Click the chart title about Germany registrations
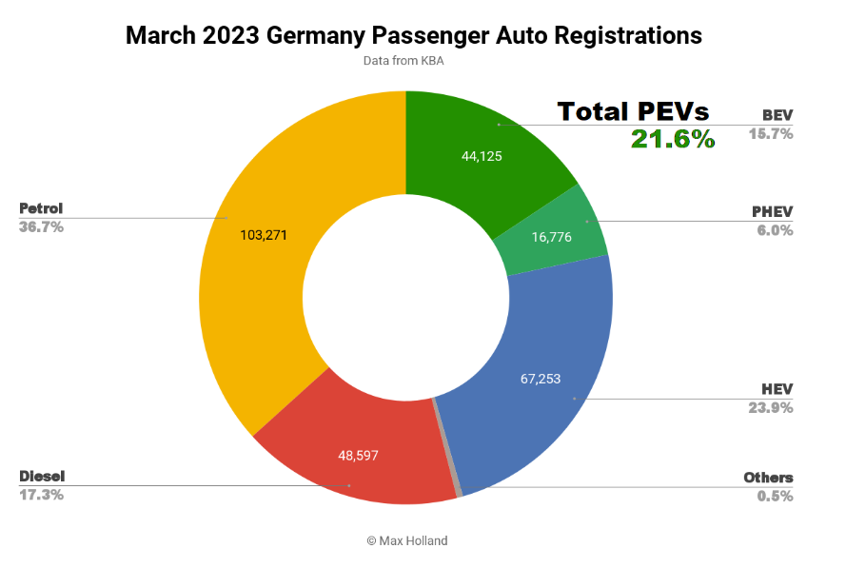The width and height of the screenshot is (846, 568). tap(414, 36)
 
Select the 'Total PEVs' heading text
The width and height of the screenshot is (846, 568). tap(633, 111)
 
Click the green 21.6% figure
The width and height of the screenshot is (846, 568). tap(672, 139)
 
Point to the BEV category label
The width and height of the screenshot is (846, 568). tap(777, 116)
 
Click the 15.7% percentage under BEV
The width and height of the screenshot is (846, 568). tap(771, 133)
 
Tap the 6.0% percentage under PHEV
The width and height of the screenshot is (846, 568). tap(775, 229)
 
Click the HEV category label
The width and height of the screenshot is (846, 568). tap(777, 389)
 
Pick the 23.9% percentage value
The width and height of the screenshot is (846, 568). tap(771, 407)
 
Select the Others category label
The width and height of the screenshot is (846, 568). tap(768, 478)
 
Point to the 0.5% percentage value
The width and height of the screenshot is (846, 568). tap(775, 496)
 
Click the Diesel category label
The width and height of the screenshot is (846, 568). tap(42, 476)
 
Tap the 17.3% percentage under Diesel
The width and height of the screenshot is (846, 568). tap(41, 495)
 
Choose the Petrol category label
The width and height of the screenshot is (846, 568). tap(41, 208)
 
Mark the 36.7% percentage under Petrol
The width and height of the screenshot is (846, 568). tap(41, 227)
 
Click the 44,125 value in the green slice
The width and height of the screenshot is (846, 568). tap(482, 157)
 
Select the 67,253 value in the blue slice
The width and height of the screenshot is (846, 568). tap(541, 379)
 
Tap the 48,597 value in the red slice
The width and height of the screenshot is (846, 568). tap(358, 456)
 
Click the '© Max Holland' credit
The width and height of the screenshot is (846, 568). tap(406, 540)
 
